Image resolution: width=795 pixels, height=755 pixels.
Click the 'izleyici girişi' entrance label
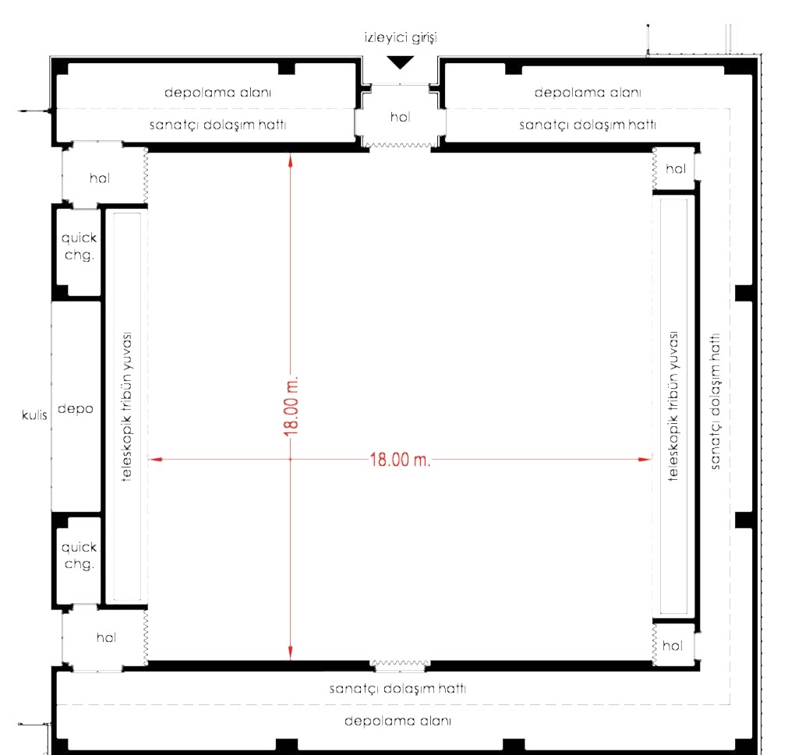(x=401, y=38)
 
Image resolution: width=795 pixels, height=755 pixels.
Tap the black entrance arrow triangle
(x=401, y=62)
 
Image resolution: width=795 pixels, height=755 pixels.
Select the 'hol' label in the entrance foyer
(x=400, y=117)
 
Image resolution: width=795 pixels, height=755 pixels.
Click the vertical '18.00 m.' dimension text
(x=291, y=407)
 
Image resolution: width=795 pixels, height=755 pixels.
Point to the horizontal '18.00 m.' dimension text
(x=400, y=460)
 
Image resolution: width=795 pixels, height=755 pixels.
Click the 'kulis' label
(x=34, y=415)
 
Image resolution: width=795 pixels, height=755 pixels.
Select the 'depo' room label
(x=76, y=409)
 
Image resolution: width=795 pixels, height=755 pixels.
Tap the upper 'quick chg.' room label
(x=79, y=246)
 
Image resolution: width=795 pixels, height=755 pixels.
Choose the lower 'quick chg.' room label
(x=79, y=556)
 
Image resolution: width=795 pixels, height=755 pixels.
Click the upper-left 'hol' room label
(x=100, y=178)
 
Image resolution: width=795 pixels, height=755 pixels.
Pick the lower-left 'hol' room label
(x=106, y=637)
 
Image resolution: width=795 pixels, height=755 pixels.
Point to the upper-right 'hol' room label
(x=676, y=169)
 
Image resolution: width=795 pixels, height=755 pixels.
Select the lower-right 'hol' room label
(x=673, y=646)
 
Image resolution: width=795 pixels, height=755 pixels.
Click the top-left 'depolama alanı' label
(x=218, y=92)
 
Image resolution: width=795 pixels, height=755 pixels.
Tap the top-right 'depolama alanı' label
(x=588, y=92)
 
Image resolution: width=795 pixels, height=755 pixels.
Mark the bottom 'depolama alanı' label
(x=398, y=721)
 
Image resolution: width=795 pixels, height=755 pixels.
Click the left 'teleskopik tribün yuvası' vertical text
(x=127, y=407)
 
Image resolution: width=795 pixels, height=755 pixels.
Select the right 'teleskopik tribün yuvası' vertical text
(x=673, y=406)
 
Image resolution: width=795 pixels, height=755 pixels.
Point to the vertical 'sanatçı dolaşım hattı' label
(x=715, y=401)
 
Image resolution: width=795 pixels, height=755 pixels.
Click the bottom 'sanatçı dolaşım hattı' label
(x=398, y=689)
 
